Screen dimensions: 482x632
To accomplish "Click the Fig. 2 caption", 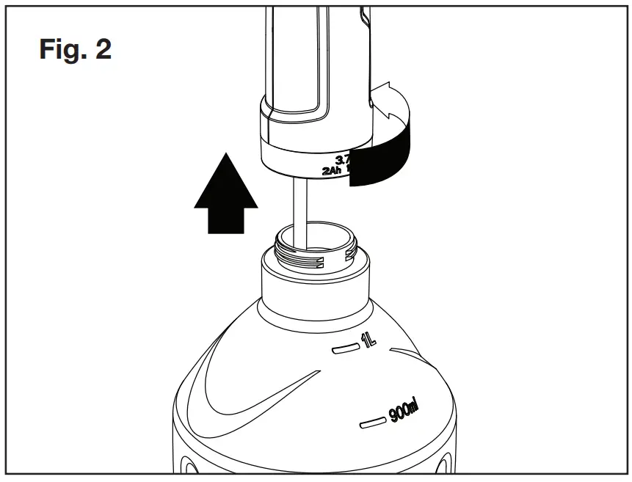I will coord(75,49).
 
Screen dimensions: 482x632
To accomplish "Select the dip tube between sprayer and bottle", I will coord(299,209).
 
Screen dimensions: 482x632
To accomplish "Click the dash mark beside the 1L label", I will coord(342,350).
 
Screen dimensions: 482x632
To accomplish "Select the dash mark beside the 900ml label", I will coord(373,423).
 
